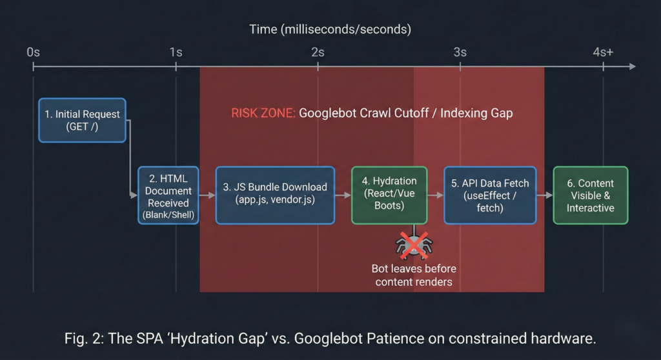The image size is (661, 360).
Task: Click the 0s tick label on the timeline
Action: [x=34, y=52]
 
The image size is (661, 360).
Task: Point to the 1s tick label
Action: [x=176, y=52]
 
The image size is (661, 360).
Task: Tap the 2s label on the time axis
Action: [x=318, y=52]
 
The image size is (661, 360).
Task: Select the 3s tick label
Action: [x=460, y=52]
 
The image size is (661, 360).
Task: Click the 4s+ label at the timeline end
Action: [x=603, y=52]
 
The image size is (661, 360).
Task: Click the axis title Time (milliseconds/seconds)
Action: [x=330, y=30]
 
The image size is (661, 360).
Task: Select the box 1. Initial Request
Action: [x=82, y=120]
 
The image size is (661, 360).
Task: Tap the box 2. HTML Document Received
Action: [x=168, y=195]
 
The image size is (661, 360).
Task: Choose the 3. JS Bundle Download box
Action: [x=275, y=195]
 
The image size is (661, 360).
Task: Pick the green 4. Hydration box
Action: [x=389, y=195]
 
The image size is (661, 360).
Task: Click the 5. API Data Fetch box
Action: [x=490, y=195]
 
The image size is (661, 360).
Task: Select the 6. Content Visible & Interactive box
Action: [x=590, y=195]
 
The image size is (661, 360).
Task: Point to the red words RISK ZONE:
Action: [x=263, y=114]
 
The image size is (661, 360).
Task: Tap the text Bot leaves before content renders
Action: [x=413, y=275]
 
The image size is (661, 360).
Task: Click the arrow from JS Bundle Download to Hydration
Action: [x=343, y=195]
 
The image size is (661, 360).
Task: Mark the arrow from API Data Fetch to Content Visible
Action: [x=544, y=195]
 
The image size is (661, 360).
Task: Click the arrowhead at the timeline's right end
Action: [x=631, y=66]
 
